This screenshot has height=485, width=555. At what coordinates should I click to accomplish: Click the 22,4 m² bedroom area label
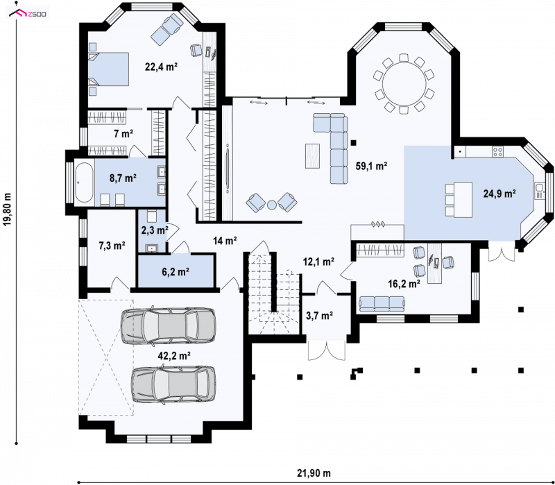tap(161, 67)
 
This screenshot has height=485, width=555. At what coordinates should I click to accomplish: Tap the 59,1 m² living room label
tap(371, 166)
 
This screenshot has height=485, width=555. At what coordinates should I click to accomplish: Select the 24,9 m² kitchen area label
tap(499, 194)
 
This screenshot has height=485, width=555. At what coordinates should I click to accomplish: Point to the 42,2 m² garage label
tap(175, 356)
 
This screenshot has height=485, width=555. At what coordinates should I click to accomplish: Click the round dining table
tap(404, 84)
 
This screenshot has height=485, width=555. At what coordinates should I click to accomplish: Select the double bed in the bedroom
tap(108, 69)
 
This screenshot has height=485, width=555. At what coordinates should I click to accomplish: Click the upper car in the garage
tap(168, 325)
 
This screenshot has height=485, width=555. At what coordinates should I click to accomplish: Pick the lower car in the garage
tap(173, 385)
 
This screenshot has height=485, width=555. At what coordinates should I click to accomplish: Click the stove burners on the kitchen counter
tap(498, 152)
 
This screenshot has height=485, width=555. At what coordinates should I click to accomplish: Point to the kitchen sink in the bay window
tap(540, 191)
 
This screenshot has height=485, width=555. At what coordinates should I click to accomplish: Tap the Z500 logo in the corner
tap(28, 13)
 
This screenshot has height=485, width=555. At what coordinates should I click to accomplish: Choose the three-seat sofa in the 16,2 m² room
tap(382, 304)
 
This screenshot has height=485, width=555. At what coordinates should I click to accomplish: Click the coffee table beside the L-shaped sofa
tap(313, 155)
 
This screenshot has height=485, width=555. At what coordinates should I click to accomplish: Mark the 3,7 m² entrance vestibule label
tap(319, 316)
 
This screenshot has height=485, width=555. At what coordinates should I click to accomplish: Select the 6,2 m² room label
tap(176, 272)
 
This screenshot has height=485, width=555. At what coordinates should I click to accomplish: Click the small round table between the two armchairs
tap(272, 205)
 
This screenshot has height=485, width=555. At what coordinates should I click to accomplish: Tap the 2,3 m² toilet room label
tap(155, 230)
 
